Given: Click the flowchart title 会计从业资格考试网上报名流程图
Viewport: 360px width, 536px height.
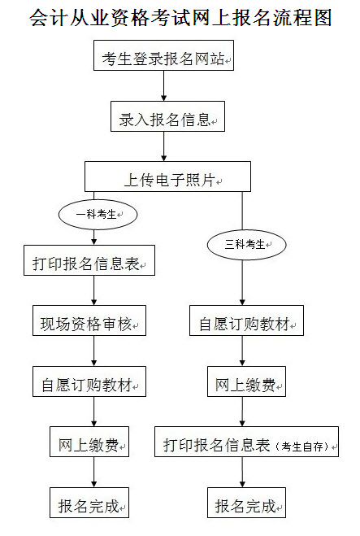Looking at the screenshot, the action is click(180, 17).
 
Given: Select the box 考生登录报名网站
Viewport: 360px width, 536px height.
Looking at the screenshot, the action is click(163, 55).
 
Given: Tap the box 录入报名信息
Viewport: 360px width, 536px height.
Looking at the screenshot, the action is click(167, 116).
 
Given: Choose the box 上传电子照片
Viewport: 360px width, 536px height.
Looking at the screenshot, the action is click(167, 176).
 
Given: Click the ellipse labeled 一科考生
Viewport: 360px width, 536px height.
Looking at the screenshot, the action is click(98, 215).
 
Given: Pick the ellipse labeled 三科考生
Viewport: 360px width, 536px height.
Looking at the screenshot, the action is click(246, 245).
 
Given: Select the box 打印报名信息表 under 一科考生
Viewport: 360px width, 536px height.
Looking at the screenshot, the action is click(89, 260).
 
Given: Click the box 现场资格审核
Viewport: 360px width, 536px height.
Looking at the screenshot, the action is click(89, 320).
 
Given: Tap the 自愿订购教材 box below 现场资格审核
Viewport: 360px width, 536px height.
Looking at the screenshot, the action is click(89, 381).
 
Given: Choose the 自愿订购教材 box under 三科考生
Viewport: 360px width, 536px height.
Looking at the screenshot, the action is click(246, 320).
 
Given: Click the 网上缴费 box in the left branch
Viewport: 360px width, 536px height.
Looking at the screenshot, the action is click(89, 442).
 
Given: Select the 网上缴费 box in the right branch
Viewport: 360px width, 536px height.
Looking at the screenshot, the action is click(246, 381).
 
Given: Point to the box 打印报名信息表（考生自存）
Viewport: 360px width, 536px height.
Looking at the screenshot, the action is click(246, 442).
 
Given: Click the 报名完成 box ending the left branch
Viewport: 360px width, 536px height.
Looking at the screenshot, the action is click(89, 503).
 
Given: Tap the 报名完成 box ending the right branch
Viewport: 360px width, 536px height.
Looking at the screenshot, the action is click(246, 503).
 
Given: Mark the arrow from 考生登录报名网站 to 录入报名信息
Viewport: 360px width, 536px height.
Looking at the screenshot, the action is click(164, 85).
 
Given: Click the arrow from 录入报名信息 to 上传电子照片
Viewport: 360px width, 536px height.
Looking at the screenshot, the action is click(164, 146).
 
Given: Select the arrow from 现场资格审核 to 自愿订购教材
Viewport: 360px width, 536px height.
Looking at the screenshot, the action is click(94, 351).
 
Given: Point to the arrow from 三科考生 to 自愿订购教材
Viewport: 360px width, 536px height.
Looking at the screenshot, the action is click(242, 282).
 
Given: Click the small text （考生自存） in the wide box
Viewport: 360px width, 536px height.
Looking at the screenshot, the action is click(302, 446).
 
